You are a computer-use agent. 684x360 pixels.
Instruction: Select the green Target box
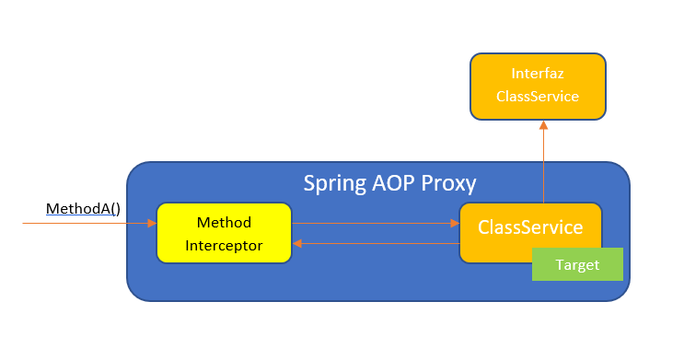coord(577,265)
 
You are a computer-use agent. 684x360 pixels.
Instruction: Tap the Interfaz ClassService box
coord(538,86)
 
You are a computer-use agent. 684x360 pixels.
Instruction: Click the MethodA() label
coord(84,209)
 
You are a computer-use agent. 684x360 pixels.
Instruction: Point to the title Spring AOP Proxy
coord(389,183)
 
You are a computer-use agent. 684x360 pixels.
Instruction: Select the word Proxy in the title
coord(446,183)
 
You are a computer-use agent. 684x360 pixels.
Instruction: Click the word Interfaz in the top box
coord(538,73)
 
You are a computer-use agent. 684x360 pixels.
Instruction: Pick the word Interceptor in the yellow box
coord(224,245)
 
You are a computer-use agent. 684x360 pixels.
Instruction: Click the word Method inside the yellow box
coord(224,223)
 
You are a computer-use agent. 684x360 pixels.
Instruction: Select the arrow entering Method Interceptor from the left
coord(87,223)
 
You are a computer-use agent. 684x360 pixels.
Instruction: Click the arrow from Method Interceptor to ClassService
coord(375,223)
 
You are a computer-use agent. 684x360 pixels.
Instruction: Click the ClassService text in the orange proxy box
coord(529,227)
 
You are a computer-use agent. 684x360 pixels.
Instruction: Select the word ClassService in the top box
coord(538,96)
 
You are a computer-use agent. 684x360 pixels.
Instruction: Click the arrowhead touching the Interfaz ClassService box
coord(543,124)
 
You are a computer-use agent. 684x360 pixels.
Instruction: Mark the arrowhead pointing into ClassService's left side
coord(455,223)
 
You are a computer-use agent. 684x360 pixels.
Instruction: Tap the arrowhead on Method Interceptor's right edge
coord(297,244)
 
